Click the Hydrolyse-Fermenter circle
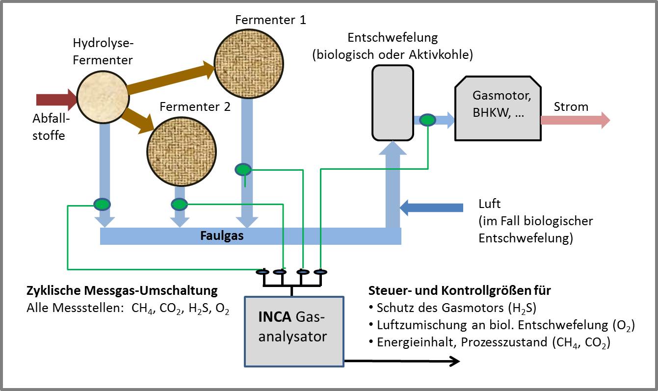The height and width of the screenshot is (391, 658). [102, 96]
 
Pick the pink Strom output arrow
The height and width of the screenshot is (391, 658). [575, 120]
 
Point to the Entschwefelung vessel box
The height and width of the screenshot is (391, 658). [393, 102]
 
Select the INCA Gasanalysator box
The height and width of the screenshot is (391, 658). [294, 331]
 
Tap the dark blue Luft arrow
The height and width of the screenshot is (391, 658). [431, 208]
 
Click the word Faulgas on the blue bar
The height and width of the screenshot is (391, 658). [222, 236]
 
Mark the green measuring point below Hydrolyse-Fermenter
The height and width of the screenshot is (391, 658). [102, 204]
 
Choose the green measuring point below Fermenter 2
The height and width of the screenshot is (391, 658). [179, 204]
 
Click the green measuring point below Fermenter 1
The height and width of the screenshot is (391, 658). [243, 170]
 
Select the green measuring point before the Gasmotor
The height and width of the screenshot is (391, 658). [428, 120]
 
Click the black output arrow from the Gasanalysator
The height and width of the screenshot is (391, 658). [402, 362]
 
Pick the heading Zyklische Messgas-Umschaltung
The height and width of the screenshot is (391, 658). [122, 290]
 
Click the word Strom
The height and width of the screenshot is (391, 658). [571, 107]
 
